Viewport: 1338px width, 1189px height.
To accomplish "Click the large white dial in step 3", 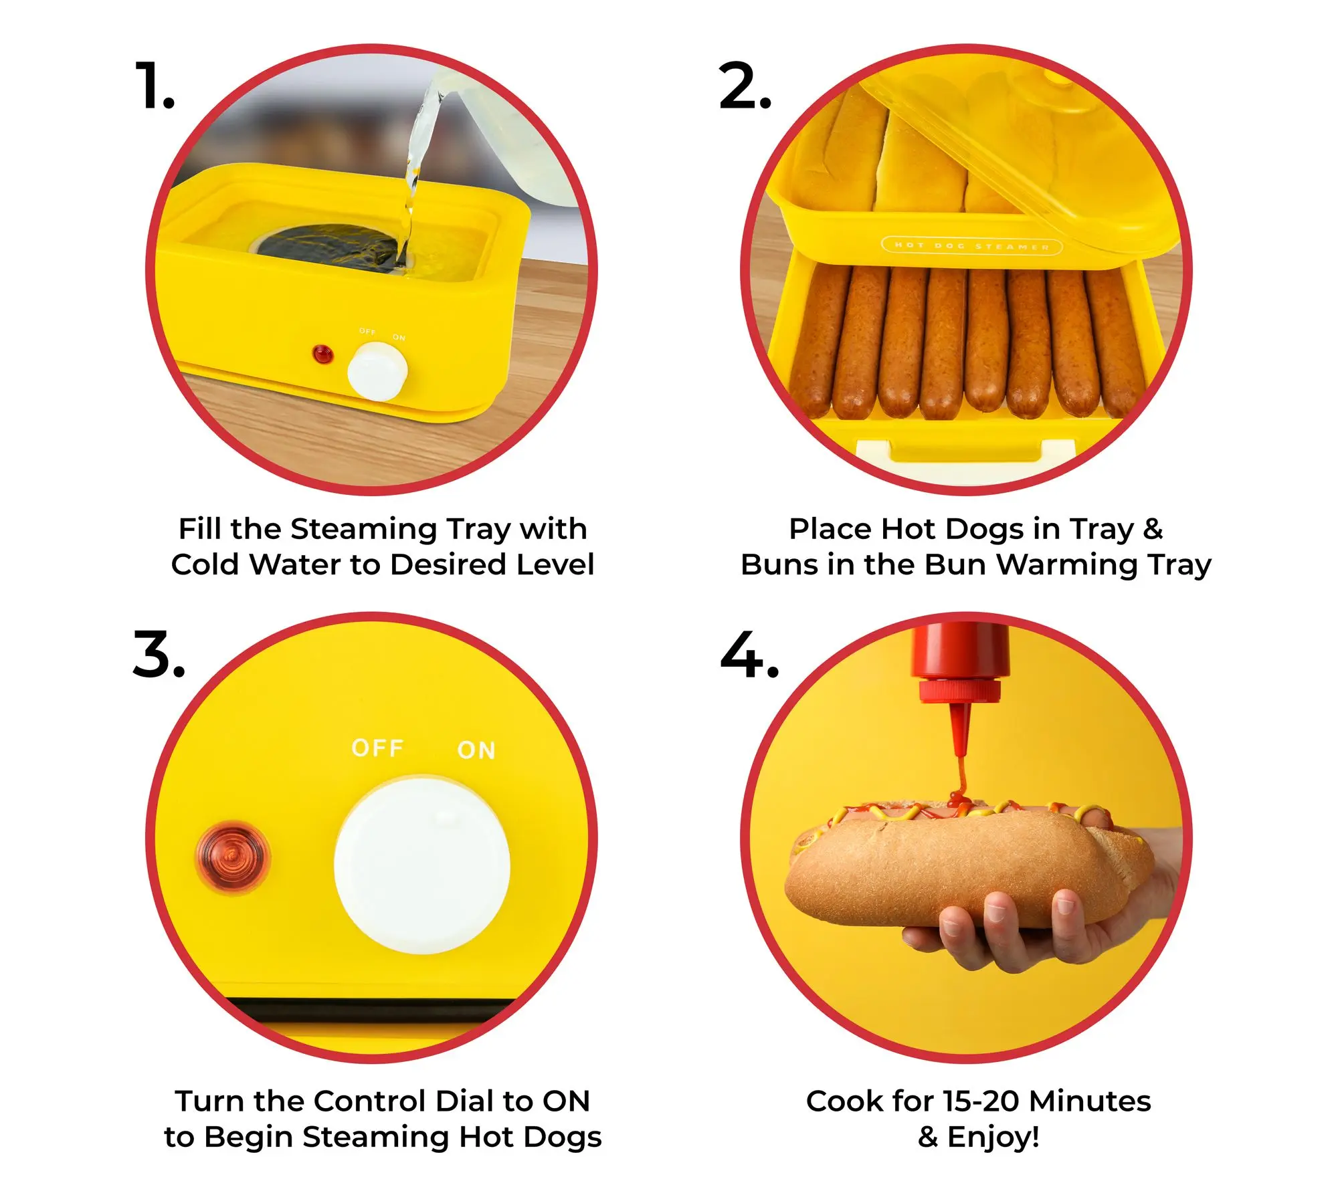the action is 422,865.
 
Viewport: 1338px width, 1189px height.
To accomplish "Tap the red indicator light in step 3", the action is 232,857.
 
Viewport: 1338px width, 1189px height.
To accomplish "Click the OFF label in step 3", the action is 377,748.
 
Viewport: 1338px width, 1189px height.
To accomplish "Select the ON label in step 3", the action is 476,750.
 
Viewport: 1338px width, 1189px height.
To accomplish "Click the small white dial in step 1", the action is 377,371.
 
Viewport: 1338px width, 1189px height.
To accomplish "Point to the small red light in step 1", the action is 323,354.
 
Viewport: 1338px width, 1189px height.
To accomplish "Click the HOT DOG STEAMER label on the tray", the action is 972,246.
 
